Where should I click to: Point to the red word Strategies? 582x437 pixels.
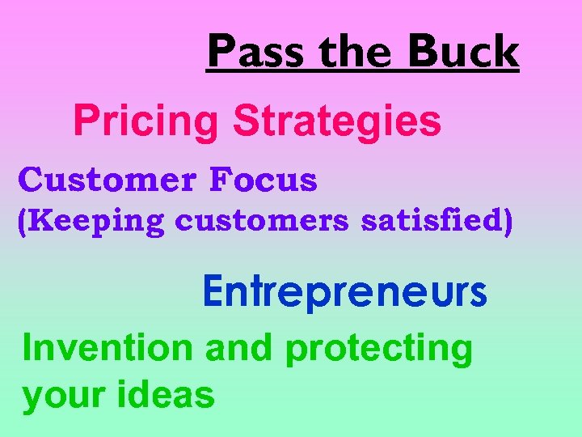(337, 121)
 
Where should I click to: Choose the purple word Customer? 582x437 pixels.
(106, 180)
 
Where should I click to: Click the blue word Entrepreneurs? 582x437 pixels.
(345, 292)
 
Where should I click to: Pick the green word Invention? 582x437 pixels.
(108, 348)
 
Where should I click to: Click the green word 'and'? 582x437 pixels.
(239, 348)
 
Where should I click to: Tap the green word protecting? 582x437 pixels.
(379, 350)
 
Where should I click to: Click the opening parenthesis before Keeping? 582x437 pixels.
(23, 222)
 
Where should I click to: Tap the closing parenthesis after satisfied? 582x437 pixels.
(508, 222)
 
